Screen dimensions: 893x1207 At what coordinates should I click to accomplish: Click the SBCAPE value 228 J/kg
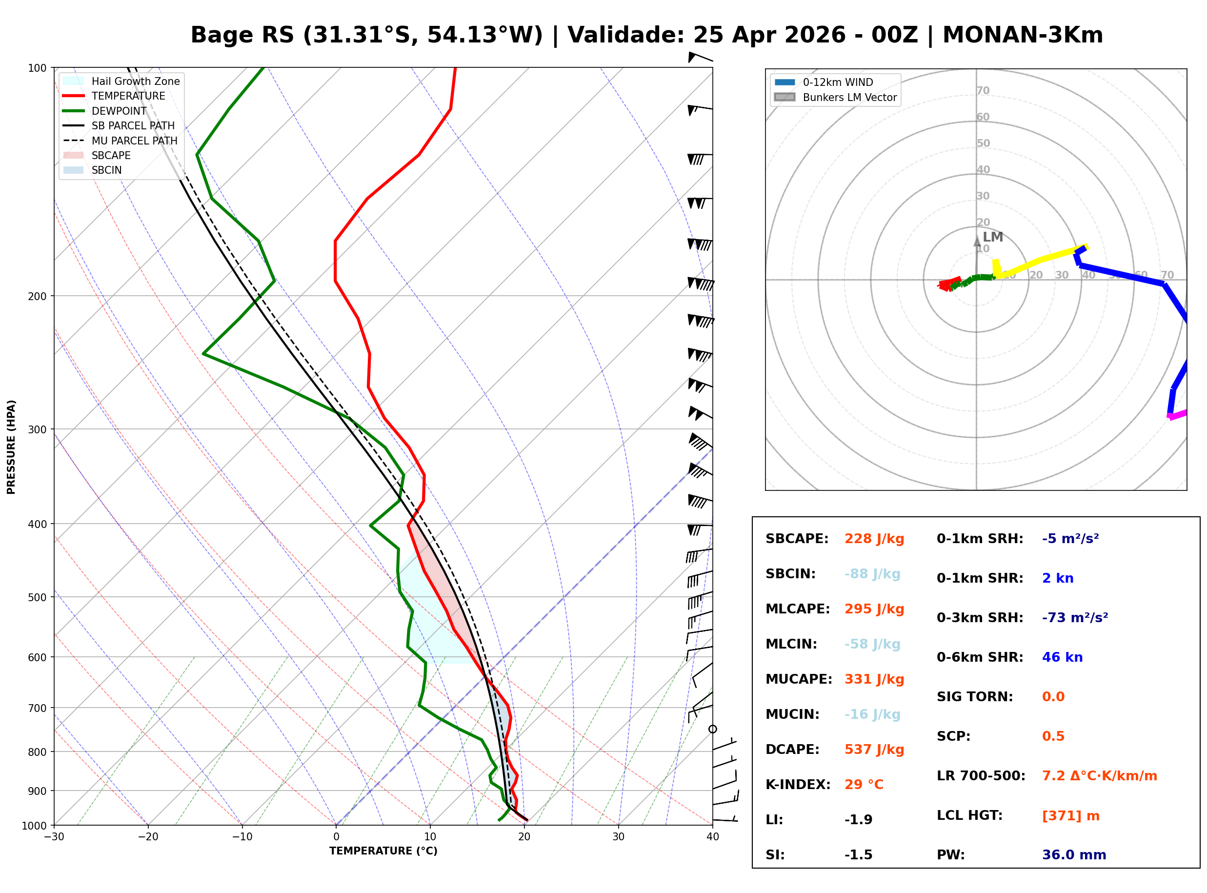[874, 539]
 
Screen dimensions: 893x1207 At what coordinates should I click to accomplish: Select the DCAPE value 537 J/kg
[874, 750]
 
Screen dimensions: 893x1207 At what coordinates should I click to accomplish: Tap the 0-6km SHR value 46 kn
[1062, 657]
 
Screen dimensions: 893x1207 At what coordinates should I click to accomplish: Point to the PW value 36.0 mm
[1073, 855]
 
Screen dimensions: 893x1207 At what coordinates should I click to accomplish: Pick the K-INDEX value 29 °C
[864, 785]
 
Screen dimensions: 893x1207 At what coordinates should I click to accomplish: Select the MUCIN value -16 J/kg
[872, 714]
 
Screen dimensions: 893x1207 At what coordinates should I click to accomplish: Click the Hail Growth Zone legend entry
[135, 81]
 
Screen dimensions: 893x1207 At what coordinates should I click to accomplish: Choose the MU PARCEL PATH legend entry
[134, 141]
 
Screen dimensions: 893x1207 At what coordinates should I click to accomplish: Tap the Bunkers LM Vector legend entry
[849, 97]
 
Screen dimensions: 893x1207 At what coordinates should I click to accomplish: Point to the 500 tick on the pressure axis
[37, 597]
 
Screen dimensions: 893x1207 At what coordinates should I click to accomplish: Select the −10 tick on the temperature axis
[241, 837]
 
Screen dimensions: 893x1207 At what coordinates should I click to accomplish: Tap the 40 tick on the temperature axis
[712, 837]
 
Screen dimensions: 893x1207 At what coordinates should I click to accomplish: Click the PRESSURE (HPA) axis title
[11, 447]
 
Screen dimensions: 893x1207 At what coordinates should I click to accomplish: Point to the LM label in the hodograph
[992, 237]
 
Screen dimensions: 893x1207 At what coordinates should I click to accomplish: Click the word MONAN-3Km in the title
[1022, 35]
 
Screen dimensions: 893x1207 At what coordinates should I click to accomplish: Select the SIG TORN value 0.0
[1053, 697]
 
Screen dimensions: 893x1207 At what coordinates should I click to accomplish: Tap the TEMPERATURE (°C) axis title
[383, 852]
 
